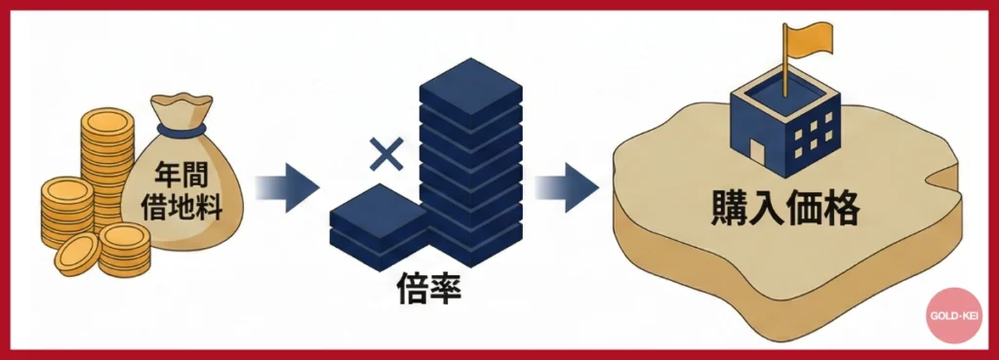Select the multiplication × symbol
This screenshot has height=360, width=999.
[x=386, y=152]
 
